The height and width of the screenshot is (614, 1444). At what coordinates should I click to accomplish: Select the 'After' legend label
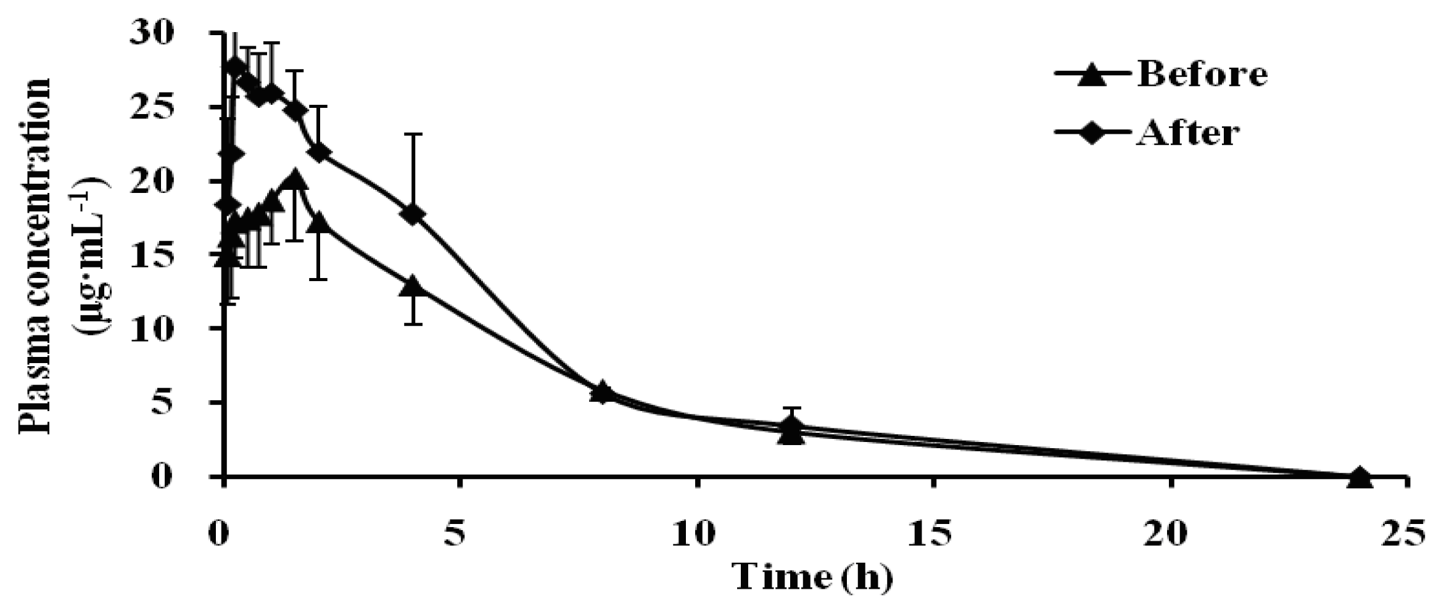point(1186,133)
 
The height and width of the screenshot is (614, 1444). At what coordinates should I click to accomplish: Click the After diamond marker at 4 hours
point(413,214)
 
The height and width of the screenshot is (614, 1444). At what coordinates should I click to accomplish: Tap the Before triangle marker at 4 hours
point(413,287)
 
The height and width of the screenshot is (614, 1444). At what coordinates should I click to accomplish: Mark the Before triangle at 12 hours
point(791,433)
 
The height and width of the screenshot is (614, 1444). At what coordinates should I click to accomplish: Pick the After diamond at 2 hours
point(318,152)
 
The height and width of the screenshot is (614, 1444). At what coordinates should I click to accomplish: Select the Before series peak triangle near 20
point(295,179)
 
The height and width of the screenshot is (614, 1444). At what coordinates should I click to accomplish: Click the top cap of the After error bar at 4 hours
point(413,134)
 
